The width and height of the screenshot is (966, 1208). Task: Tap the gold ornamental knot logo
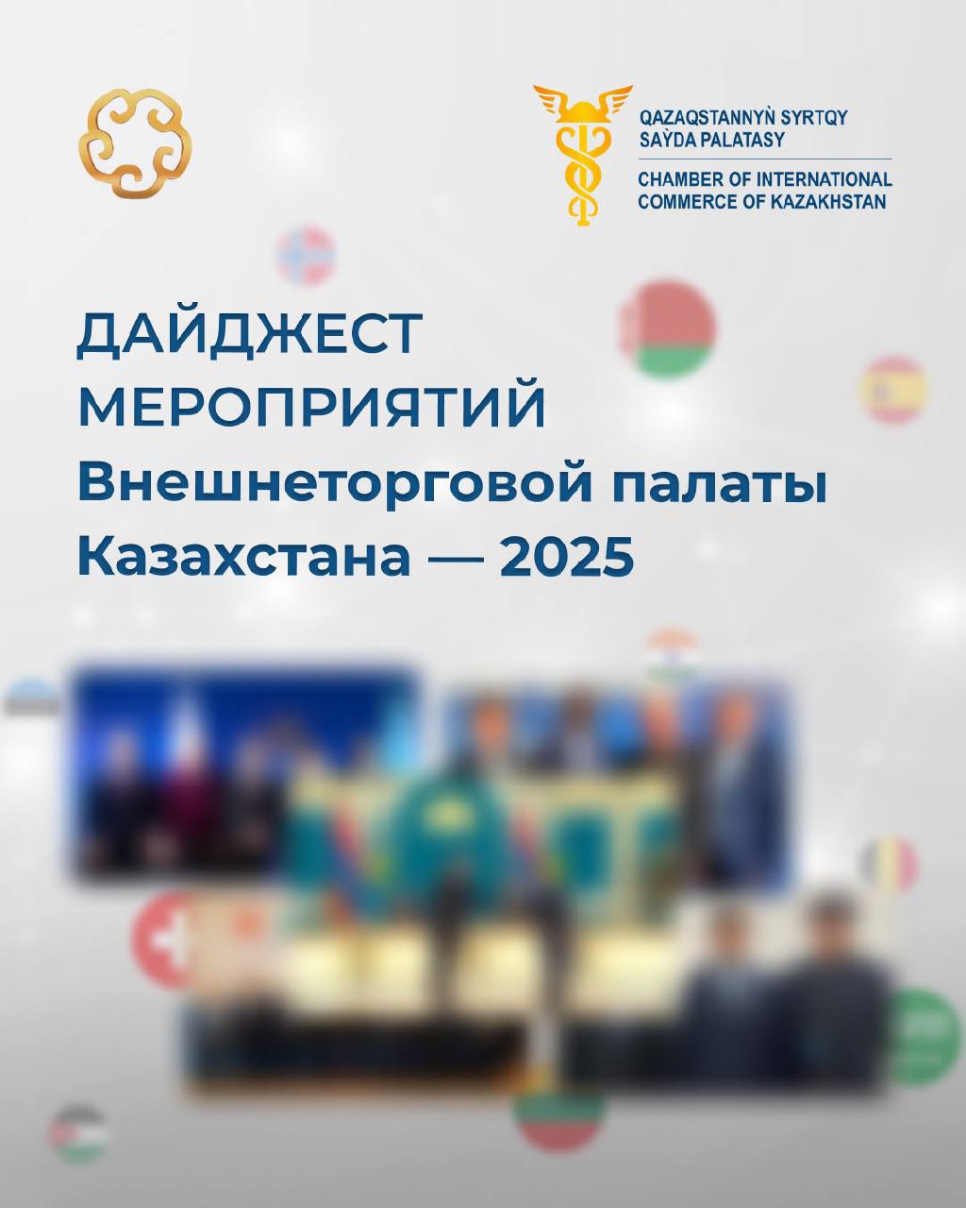(x=135, y=143)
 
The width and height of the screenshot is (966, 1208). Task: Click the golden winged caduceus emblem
(x=583, y=155)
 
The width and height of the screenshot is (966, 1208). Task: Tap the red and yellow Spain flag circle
(x=894, y=390)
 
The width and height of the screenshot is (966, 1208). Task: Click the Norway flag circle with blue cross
(x=306, y=255)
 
